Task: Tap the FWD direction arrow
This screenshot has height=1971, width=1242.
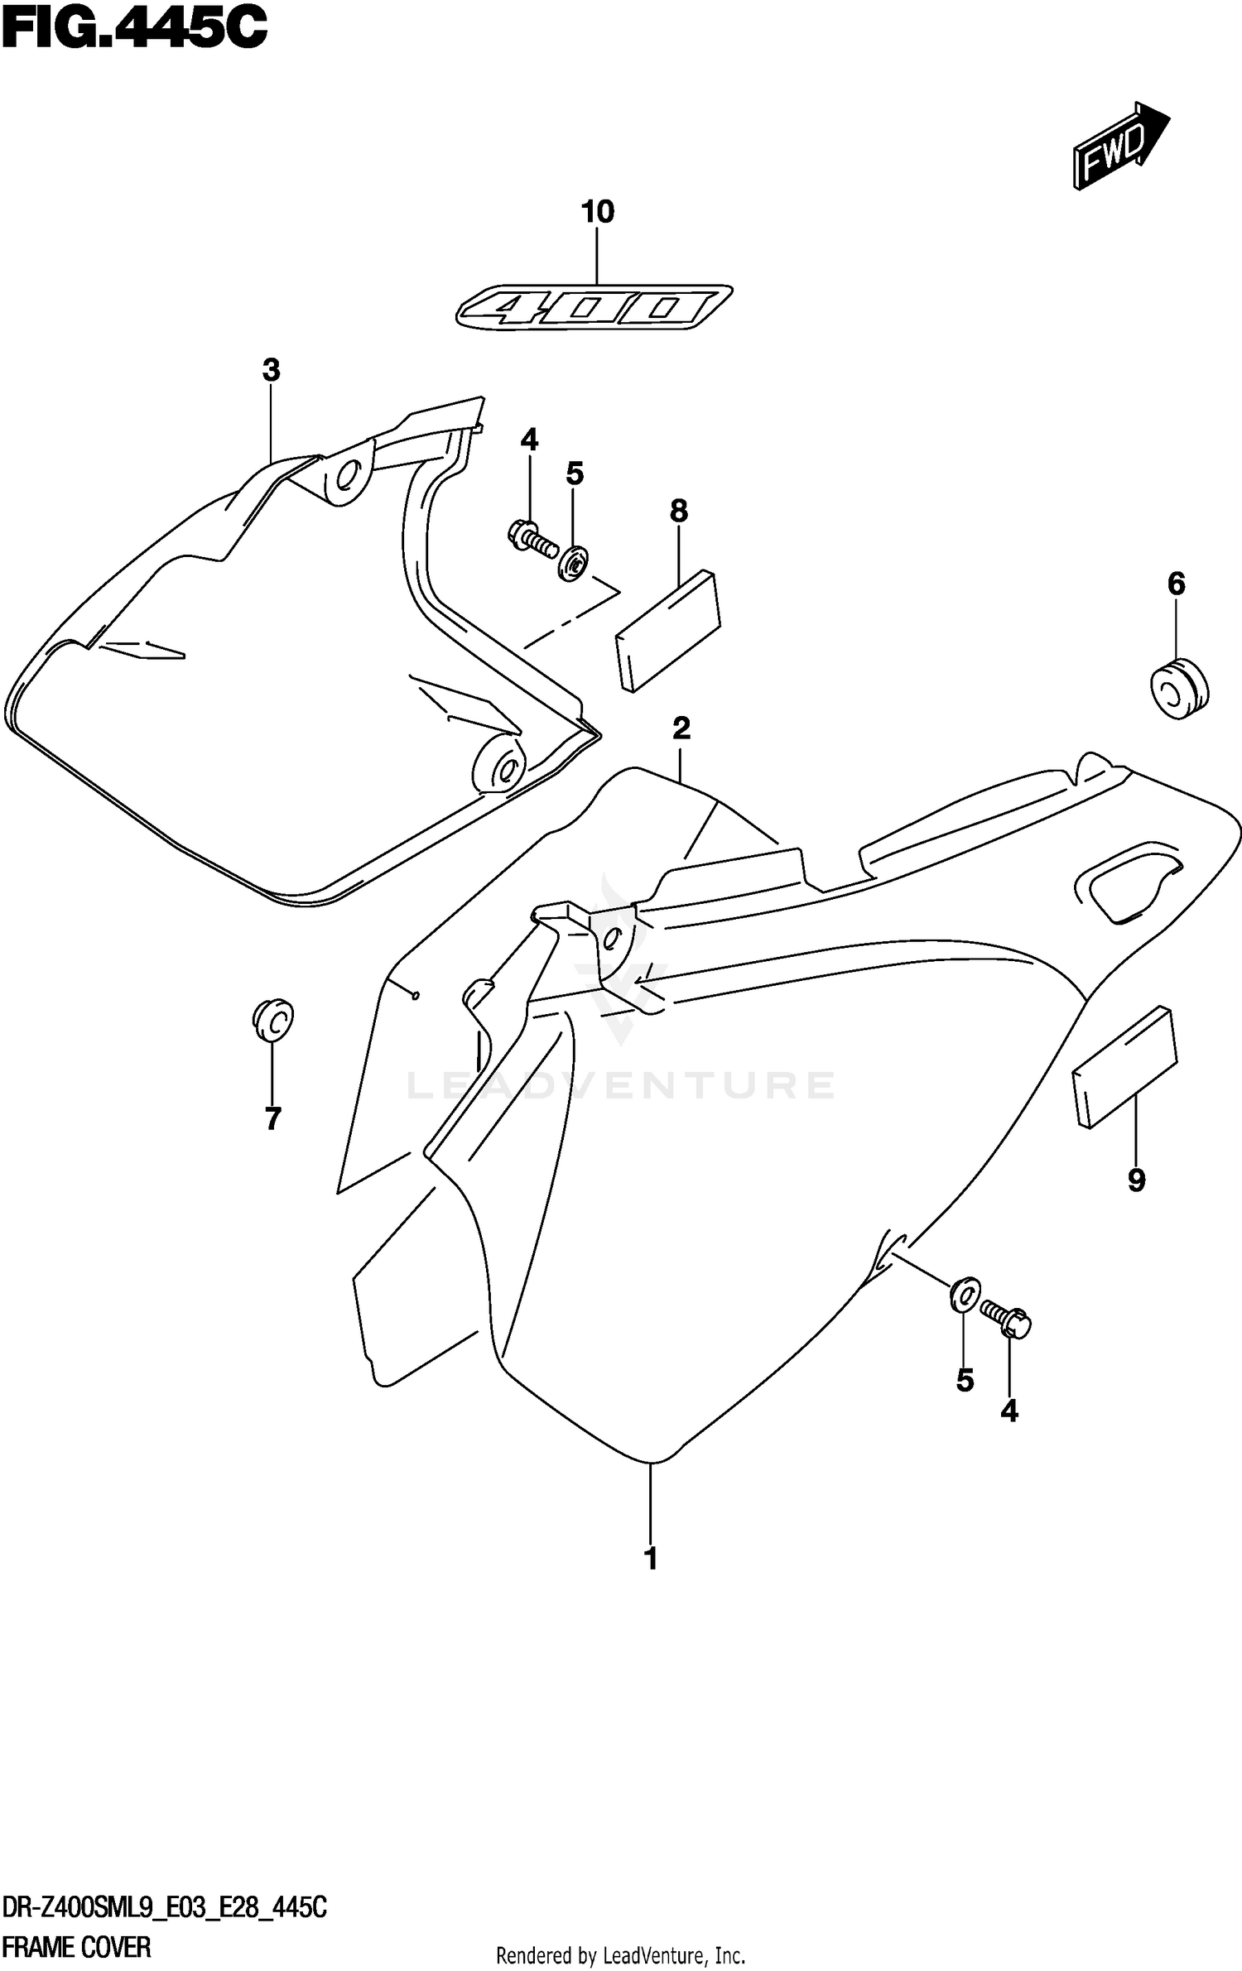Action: coord(1120,146)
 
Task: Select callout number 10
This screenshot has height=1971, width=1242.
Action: coord(597,212)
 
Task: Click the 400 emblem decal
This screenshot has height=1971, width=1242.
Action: coord(594,309)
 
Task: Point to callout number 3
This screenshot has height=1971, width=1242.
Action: coord(271,370)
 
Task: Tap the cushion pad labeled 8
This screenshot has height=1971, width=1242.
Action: coord(667,629)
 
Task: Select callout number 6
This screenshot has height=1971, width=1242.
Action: coord(1176,584)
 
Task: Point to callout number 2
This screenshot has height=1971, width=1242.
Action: coord(681,728)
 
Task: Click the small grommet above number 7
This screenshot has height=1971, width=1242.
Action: coord(272,1020)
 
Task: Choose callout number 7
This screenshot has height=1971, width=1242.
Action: coord(272,1119)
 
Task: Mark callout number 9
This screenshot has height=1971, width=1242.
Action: coord(1136,1180)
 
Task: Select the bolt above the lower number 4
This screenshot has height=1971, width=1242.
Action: coord(1005,1318)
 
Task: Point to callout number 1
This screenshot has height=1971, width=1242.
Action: coord(651,1559)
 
